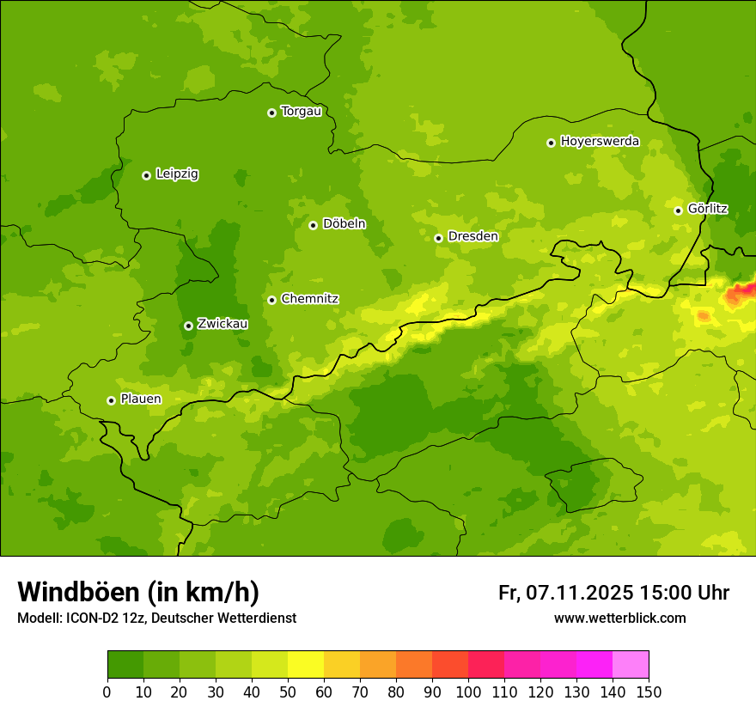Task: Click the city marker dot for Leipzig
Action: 146,175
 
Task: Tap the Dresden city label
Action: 472,236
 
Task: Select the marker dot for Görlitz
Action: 678,210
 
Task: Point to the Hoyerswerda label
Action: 600,142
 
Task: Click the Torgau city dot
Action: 271,113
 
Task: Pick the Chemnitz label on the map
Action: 309,299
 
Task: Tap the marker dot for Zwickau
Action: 188,326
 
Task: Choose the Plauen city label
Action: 140,399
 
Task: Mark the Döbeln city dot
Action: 313,225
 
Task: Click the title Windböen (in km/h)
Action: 138,592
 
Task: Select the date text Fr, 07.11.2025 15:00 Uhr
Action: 613,593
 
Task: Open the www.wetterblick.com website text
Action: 619,618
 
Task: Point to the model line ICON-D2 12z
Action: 156,618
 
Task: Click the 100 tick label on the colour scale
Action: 468,692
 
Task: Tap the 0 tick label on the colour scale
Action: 107,692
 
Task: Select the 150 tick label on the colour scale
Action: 648,692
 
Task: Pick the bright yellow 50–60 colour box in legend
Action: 306,665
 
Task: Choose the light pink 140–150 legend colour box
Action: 631,665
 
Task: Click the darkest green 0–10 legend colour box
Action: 125,665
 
